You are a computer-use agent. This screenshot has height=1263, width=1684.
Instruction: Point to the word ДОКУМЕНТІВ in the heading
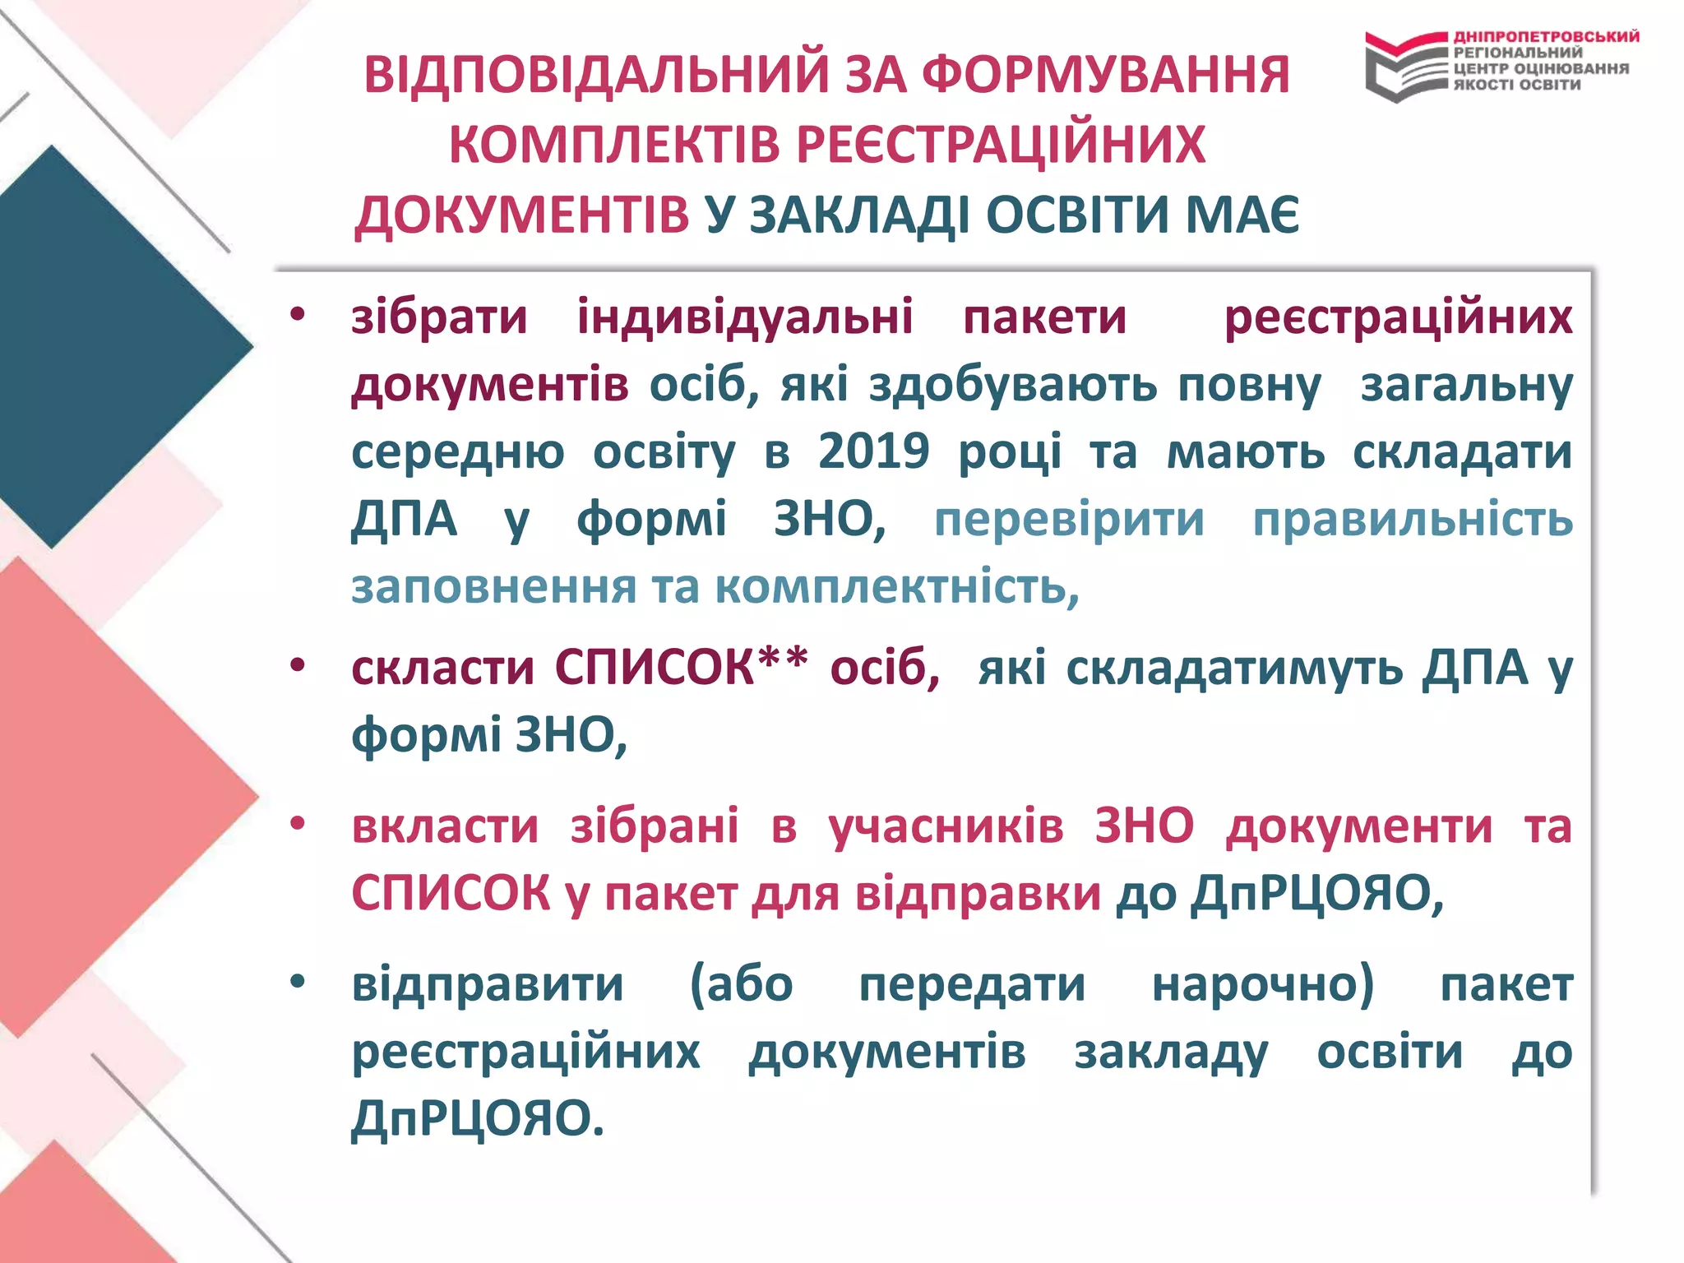(522, 215)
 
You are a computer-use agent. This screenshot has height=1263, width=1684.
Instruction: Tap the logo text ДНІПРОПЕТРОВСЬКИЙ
(1546, 37)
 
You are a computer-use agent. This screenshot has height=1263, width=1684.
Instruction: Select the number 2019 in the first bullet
(873, 451)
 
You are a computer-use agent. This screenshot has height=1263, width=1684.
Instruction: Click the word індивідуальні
(744, 317)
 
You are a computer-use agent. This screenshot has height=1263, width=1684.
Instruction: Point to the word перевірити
(1069, 520)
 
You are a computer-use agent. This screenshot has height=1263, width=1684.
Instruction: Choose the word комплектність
(896, 587)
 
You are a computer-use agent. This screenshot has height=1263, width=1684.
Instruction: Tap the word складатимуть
(1234, 667)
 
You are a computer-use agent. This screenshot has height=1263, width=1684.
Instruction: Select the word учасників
(946, 826)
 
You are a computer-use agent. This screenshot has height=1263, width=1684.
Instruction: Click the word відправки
(978, 894)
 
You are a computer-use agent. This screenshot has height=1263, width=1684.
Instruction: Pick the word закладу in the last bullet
(1171, 1052)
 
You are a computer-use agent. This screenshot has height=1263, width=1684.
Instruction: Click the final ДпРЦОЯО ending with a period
(477, 1119)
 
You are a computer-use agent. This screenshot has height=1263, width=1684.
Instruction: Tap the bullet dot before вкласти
(298, 823)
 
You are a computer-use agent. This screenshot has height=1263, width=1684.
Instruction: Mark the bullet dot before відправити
(298, 982)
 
